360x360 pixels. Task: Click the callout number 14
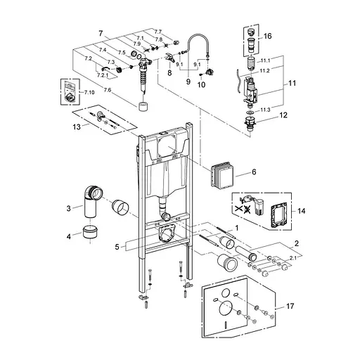(x=302, y=210)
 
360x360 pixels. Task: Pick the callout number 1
(x=237, y=229)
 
